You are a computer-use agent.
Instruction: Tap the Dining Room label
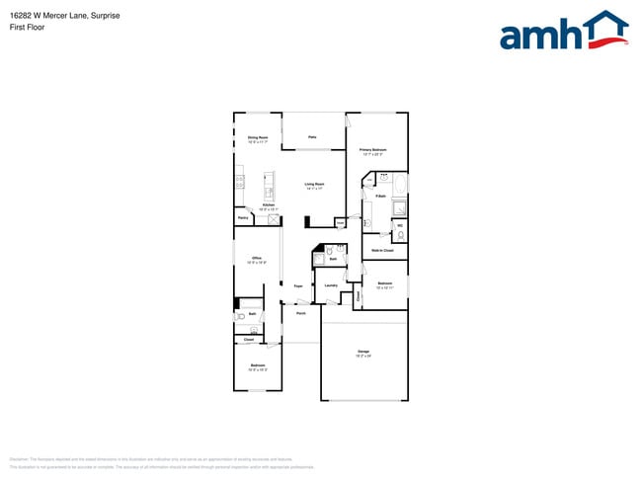[x=258, y=139]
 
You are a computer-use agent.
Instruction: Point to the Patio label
[x=312, y=136]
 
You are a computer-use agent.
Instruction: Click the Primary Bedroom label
[x=372, y=151]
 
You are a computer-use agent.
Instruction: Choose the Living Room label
[x=314, y=186]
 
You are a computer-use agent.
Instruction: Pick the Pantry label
[x=243, y=218]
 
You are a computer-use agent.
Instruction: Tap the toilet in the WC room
[x=400, y=235]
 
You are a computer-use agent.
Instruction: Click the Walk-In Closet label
[x=382, y=251]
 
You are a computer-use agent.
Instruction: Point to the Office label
[x=256, y=260]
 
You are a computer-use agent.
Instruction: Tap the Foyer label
[x=297, y=285]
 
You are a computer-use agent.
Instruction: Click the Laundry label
[x=331, y=285]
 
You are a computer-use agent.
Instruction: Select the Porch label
[x=300, y=313]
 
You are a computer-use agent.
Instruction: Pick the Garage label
[x=363, y=353]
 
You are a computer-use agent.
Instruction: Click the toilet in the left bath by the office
[x=241, y=318]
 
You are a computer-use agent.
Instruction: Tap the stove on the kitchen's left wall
[x=239, y=181]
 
